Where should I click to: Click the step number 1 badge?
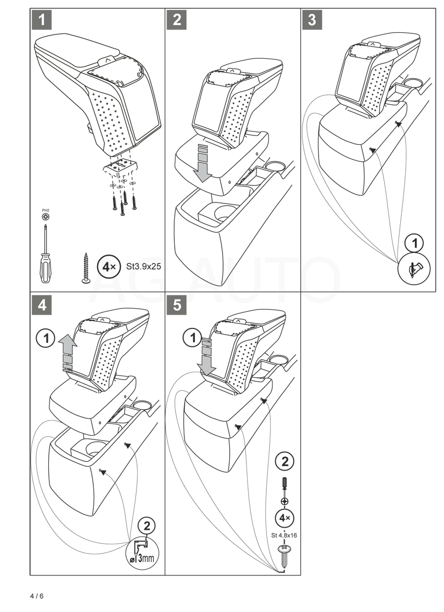tap(42, 21)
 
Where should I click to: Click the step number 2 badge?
tap(177, 21)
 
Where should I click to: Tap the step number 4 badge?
tap(42, 306)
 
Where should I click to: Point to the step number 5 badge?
tap(177, 306)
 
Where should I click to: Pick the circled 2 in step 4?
tap(146, 525)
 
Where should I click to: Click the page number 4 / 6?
tap(37, 596)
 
